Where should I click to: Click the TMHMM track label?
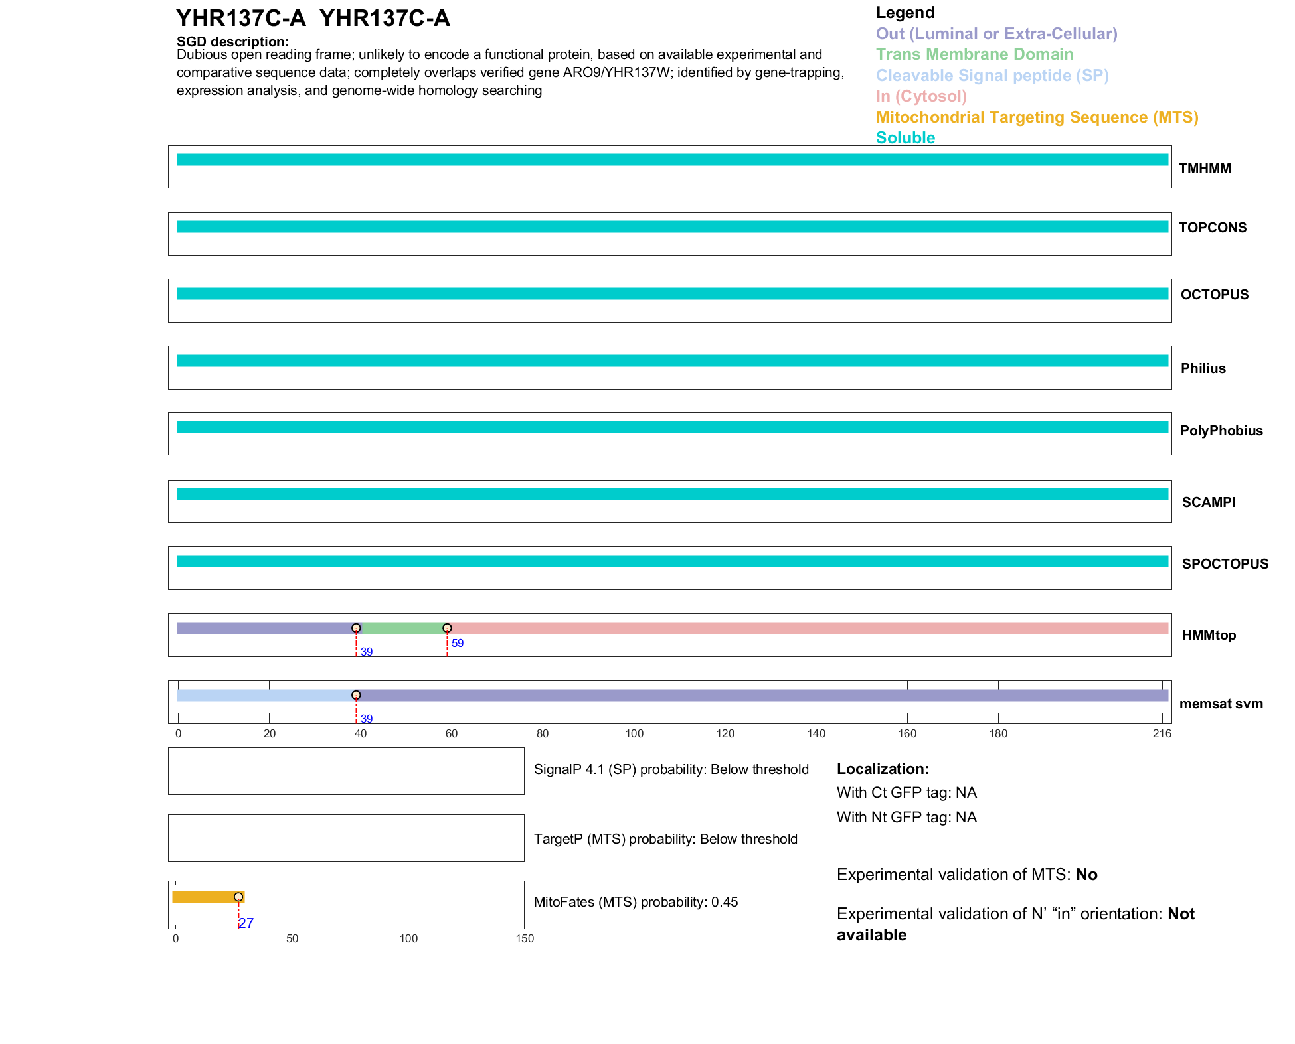(x=1204, y=169)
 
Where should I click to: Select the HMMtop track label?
(x=1209, y=635)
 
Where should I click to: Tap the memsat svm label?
(x=1221, y=704)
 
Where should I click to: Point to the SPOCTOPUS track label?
(x=1225, y=564)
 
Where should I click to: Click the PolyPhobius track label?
(x=1221, y=431)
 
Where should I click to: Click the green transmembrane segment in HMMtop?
(x=401, y=628)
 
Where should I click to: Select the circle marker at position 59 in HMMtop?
(x=447, y=628)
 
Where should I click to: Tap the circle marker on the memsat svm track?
(x=356, y=695)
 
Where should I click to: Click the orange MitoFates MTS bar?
(x=206, y=897)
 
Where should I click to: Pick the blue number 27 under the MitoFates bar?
(x=246, y=923)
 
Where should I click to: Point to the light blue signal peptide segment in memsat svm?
(x=266, y=695)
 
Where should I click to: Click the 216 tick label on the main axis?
(x=1162, y=733)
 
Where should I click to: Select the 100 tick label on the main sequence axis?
(x=634, y=733)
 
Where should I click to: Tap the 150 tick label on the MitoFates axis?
(x=524, y=938)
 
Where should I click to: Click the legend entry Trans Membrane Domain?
(x=974, y=54)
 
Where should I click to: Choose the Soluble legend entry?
(x=905, y=138)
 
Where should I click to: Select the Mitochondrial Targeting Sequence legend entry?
(x=1037, y=117)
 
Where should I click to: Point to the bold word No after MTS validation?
(x=1086, y=875)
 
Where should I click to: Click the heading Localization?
(x=882, y=769)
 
